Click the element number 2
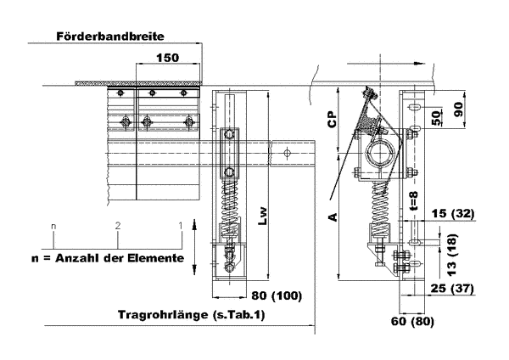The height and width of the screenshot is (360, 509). (118, 226)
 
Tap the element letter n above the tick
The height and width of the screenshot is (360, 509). (53, 226)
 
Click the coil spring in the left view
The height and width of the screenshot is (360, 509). (230, 209)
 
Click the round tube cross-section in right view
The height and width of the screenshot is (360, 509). (380, 156)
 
